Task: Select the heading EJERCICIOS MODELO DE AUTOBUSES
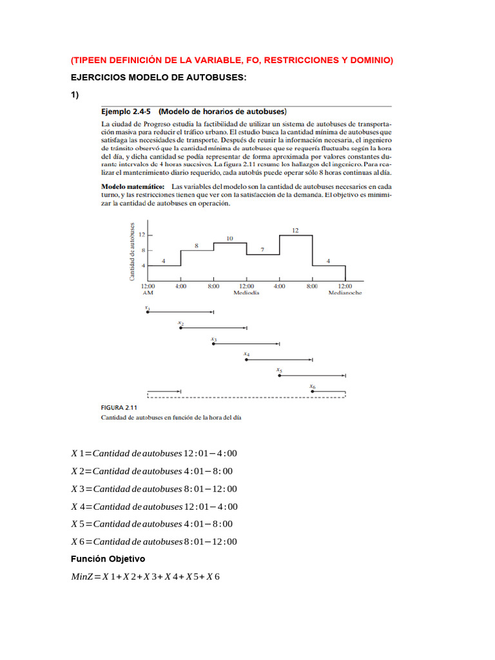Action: (x=159, y=77)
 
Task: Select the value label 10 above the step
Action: (x=229, y=238)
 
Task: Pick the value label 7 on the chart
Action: (x=262, y=249)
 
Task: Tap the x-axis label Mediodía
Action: (x=246, y=292)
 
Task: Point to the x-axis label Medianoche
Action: (x=345, y=292)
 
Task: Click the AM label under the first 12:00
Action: (x=148, y=292)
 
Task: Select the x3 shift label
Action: (x=213, y=338)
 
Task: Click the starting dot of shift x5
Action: (x=279, y=375)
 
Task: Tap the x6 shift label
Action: (x=312, y=387)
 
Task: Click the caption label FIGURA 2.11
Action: (x=119, y=407)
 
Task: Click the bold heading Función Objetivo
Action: (x=108, y=559)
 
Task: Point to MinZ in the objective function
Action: (x=82, y=577)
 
